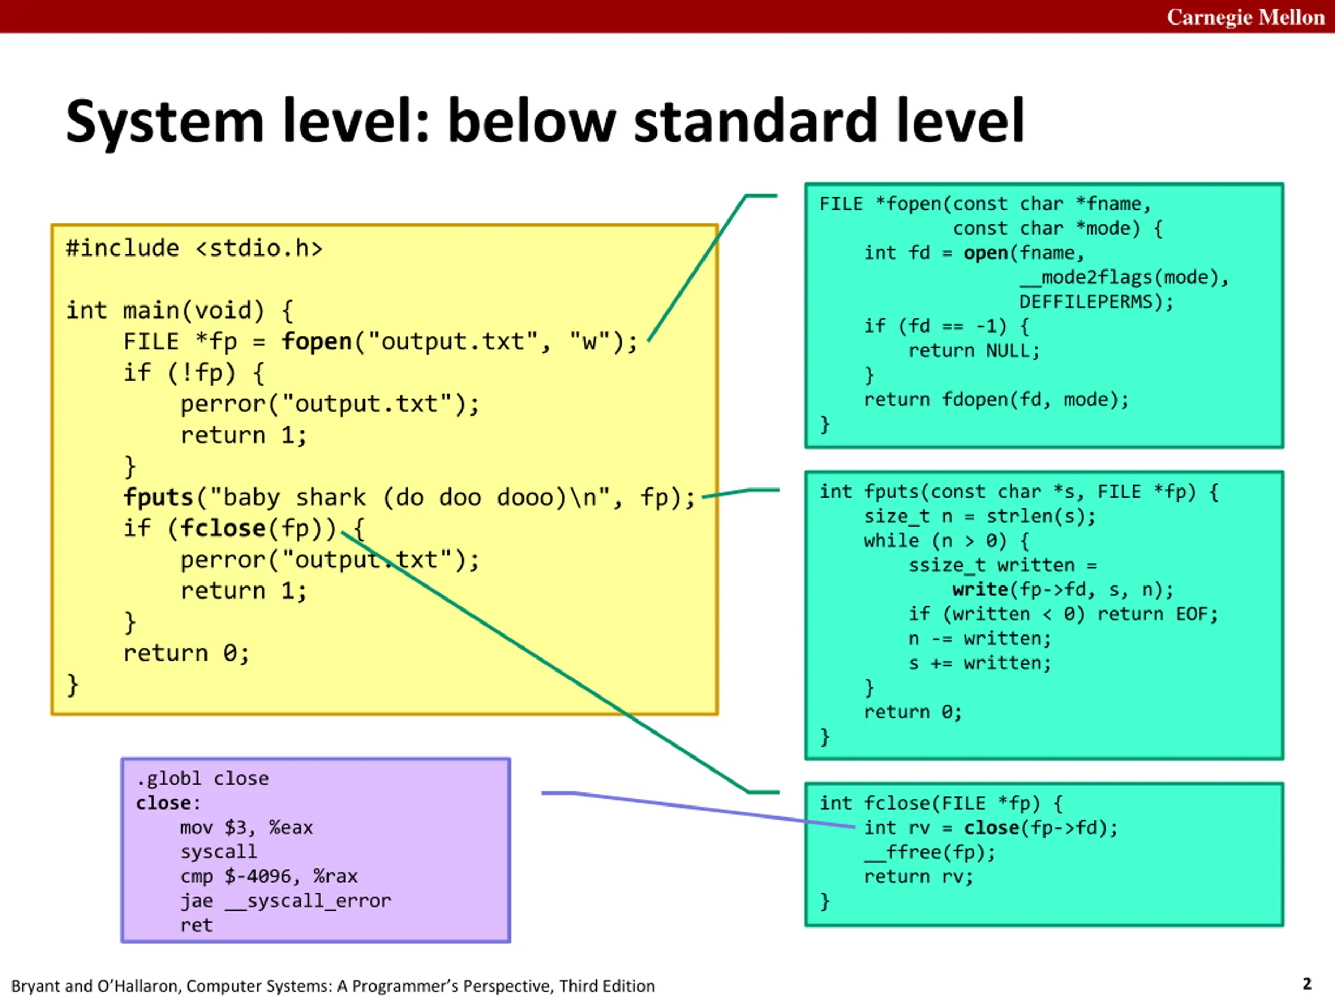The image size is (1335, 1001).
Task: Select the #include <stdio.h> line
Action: point(194,248)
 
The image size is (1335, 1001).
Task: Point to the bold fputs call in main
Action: point(157,497)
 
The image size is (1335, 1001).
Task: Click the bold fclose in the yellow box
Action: point(223,528)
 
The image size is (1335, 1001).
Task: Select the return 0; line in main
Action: point(186,653)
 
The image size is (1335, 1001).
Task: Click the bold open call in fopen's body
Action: point(986,253)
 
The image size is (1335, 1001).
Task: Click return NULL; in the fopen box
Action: point(974,350)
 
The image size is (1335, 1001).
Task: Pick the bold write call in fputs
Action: point(980,589)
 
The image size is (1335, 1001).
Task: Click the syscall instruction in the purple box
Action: point(219,851)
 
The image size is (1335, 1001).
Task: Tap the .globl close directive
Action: point(202,778)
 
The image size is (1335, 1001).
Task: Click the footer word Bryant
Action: point(35,985)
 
